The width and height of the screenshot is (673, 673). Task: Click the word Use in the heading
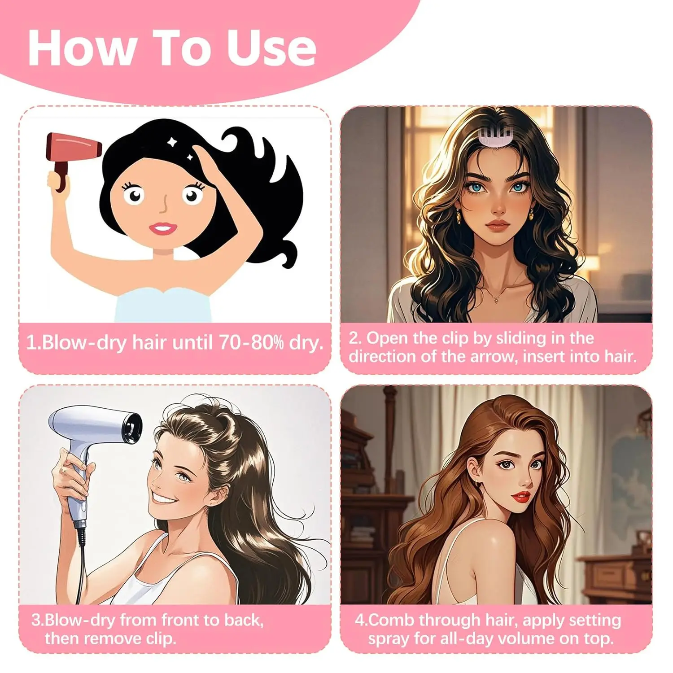[271, 48]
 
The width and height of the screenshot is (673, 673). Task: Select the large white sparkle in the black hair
[171, 142]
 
